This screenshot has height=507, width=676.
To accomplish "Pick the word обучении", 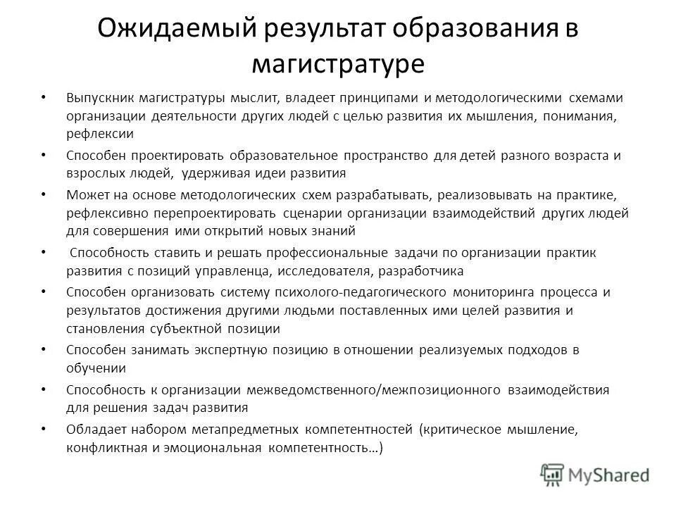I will [96, 368].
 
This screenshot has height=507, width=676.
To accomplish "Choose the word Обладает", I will [95, 429].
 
